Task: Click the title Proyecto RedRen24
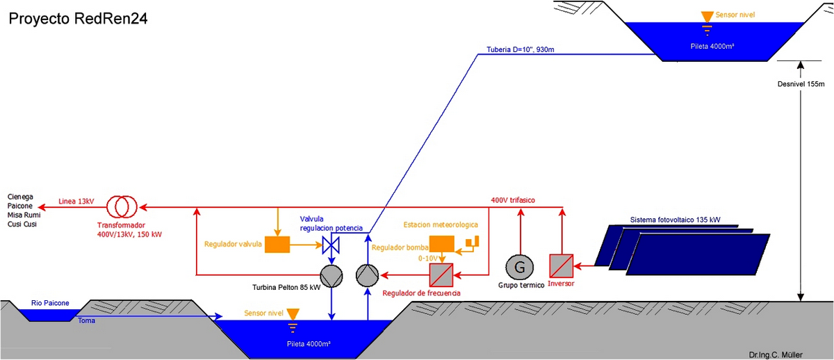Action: [77, 19]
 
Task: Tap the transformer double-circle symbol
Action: [122, 206]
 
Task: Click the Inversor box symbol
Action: [561, 265]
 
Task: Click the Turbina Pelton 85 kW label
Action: [286, 286]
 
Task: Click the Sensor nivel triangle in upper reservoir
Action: [707, 16]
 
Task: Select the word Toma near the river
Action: [86, 320]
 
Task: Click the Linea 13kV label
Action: [76, 201]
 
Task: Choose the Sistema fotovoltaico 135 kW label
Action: [675, 220]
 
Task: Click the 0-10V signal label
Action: [428, 258]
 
